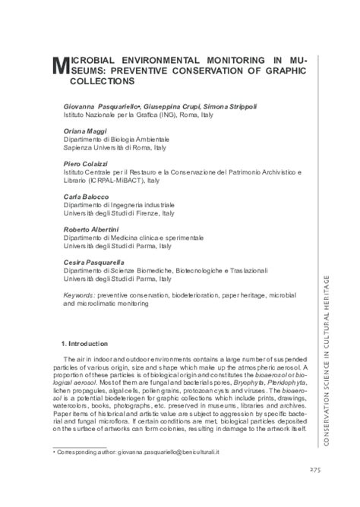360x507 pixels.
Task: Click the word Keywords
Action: (80, 292)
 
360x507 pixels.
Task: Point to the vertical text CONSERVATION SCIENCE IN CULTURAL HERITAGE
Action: (327, 348)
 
